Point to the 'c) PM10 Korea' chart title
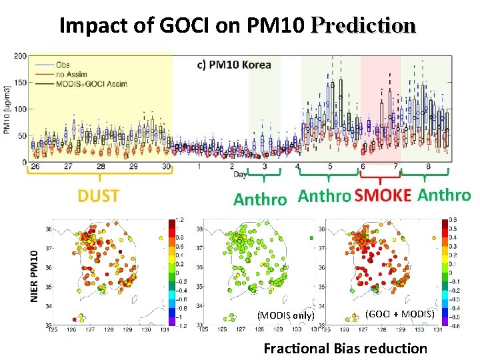click(235, 65)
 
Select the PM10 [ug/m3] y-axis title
click(7, 109)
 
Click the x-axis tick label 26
click(35, 167)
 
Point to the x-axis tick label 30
click(166, 167)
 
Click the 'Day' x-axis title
click(240, 175)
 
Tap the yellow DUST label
click(98, 196)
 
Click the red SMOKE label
click(383, 196)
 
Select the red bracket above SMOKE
click(380, 179)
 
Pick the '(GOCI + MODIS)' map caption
click(400, 313)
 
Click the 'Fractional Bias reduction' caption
click(345, 348)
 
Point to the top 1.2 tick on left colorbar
click(179, 220)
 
